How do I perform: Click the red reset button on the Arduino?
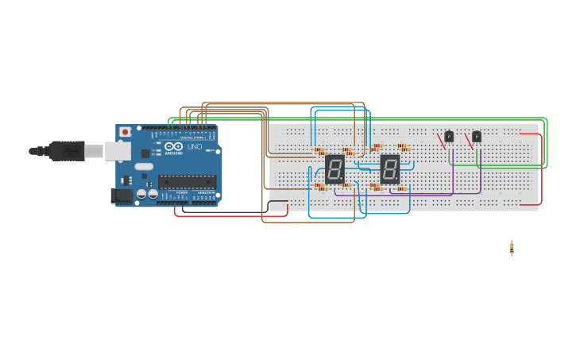[124, 133]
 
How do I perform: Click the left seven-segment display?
[334, 168]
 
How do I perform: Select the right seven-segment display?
[389, 168]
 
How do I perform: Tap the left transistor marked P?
[449, 137]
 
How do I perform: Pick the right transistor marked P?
[476, 137]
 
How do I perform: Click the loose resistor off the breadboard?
[512, 248]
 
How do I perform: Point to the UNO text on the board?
[195, 147]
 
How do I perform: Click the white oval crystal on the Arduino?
[143, 167]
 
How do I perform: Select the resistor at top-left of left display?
[319, 150]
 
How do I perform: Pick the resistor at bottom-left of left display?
[319, 187]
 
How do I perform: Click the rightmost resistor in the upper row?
[403, 147]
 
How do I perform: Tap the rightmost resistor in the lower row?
[401, 188]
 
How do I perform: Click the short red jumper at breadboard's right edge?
[542, 168]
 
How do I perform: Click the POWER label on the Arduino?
[182, 193]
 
